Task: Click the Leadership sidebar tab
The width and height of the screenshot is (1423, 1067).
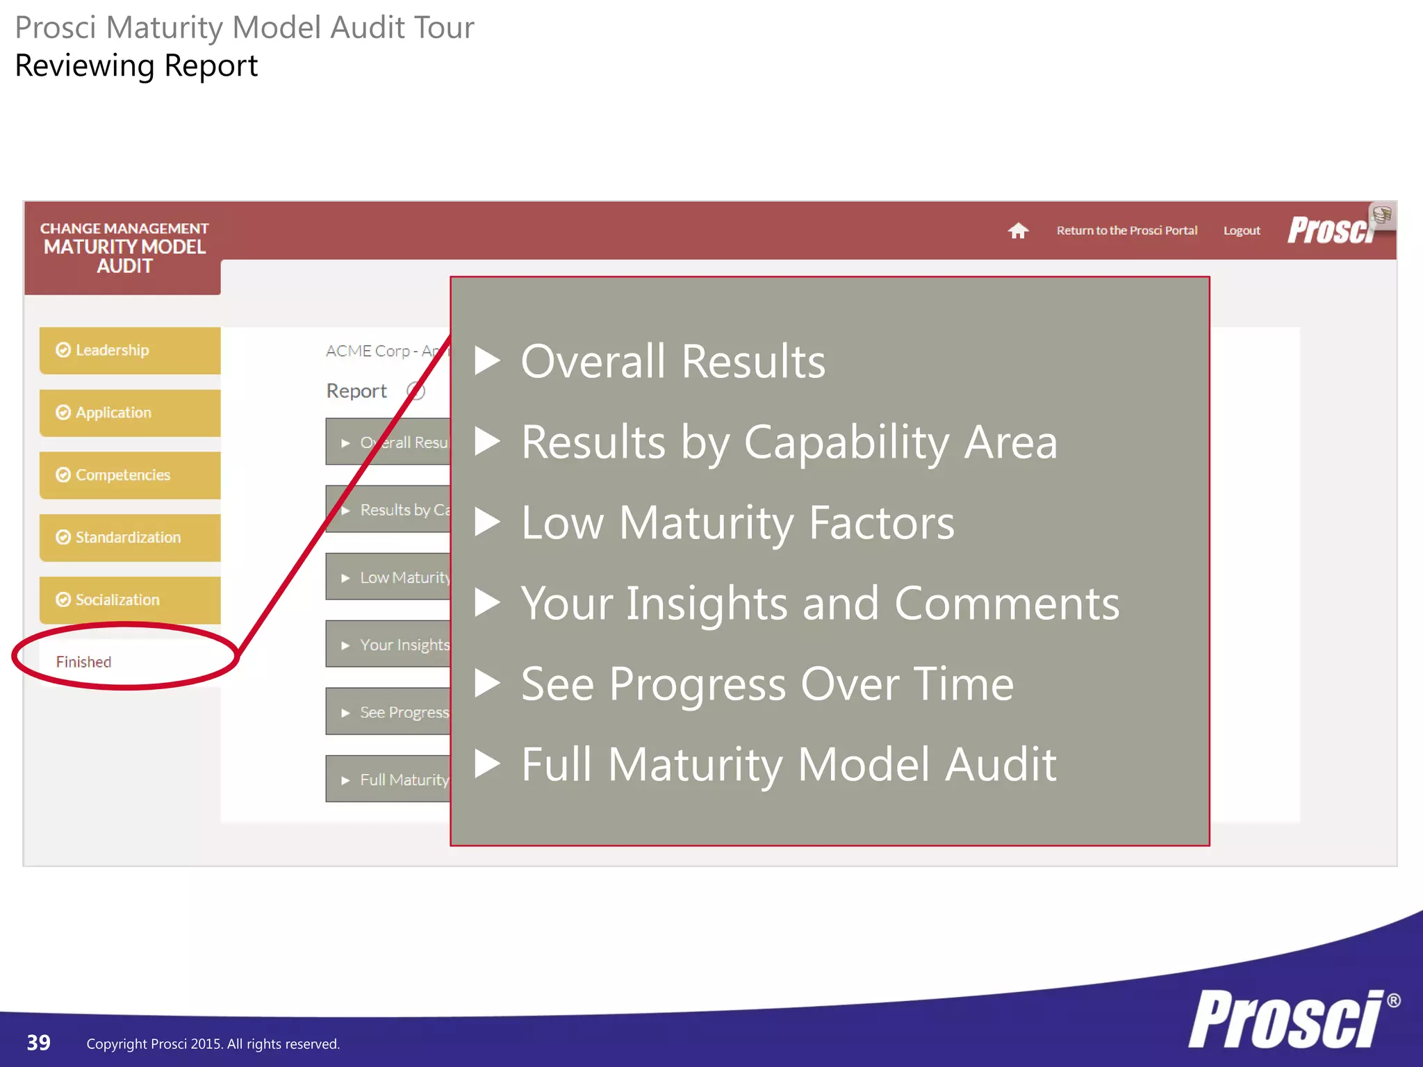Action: [x=130, y=351]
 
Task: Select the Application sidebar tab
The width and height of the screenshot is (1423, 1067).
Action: [x=130, y=413]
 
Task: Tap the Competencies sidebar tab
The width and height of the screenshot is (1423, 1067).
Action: [x=130, y=475]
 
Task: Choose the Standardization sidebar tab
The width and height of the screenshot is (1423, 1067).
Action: [x=130, y=538]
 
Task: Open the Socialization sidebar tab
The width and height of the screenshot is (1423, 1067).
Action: [x=130, y=599]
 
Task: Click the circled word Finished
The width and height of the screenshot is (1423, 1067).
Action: [x=84, y=662]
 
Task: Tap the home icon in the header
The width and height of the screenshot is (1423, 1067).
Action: [x=1018, y=231]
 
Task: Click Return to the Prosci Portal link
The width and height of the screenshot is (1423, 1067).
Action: [x=1126, y=231]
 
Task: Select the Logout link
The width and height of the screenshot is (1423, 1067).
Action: [x=1242, y=231]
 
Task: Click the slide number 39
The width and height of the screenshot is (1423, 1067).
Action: [x=39, y=1043]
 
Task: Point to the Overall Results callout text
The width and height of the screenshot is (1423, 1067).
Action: [x=673, y=361]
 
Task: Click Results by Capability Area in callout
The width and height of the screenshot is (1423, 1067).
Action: [x=789, y=442]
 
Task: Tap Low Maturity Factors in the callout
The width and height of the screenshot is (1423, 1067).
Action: [x=737, y=522]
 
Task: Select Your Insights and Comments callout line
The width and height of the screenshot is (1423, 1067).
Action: [x=820, y=603]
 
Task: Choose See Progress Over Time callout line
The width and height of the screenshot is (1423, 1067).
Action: [x=767, y=684]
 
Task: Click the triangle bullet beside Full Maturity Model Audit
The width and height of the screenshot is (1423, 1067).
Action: [x=487, y=763]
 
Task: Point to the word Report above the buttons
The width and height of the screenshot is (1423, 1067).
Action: [x=356, y=391]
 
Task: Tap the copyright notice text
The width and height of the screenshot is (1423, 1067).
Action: [x=213, y=1044]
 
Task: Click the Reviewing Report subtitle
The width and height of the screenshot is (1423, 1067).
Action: [x=136, y=66]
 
